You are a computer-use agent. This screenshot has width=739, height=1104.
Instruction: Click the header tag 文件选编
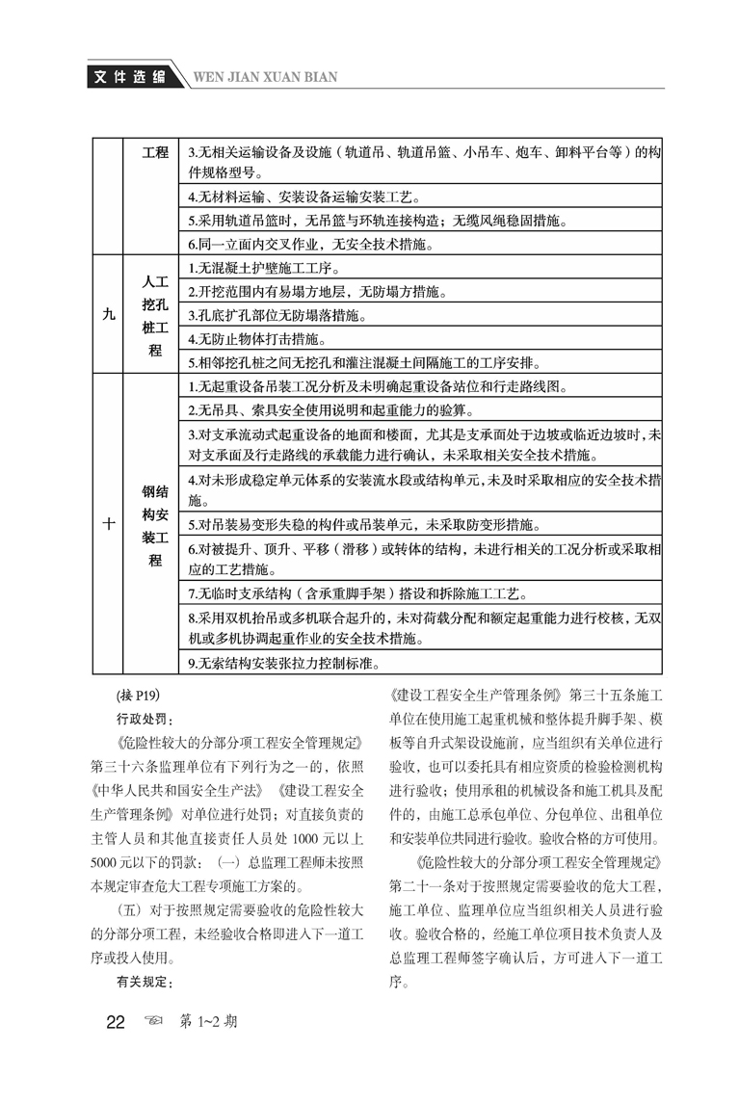tap(123, 77)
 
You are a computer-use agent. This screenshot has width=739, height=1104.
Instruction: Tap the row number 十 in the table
tap(107, 525)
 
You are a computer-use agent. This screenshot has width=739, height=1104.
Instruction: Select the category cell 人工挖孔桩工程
tap(154, 316)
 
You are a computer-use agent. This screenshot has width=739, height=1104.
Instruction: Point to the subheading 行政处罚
tap(140, 719)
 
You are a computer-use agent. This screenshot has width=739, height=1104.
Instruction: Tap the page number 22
tap(116, 1022)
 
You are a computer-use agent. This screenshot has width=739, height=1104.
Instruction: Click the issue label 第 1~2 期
tap(209, 1022)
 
